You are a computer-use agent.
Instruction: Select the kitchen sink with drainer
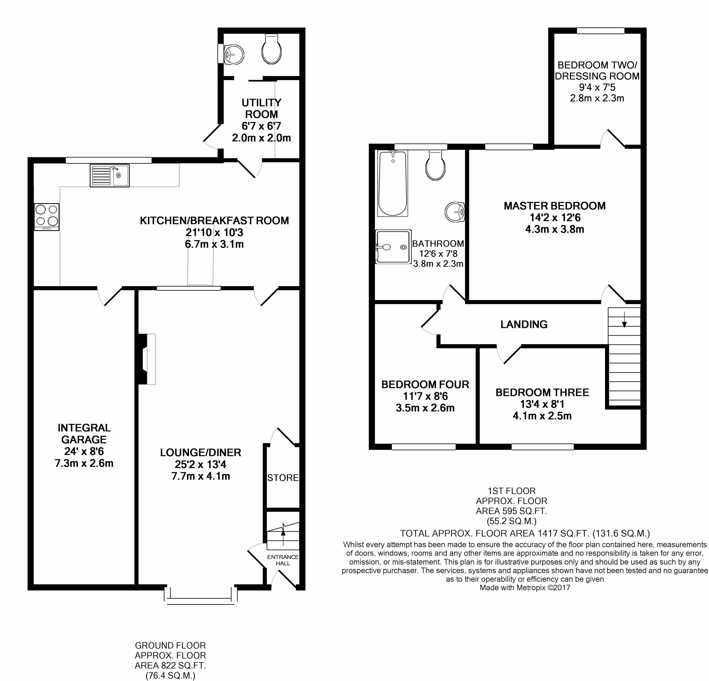(x=109, y=176)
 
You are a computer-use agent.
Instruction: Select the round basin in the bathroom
(x=455, y=212)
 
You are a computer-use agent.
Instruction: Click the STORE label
(x=283, y=478)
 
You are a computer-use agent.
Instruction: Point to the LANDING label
(x=524, y=325)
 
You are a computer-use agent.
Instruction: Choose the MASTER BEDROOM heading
(x=555, y=206)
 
